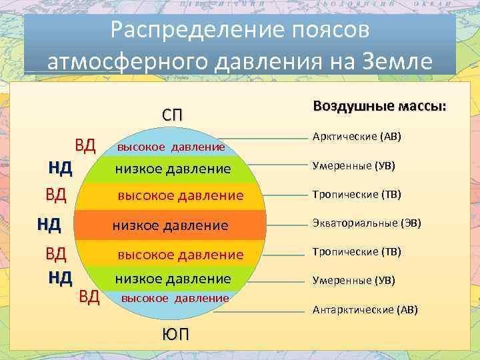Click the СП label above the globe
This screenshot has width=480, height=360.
pos(172,115)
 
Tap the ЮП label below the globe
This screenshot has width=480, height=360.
pos(175,334)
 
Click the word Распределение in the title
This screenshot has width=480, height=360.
pos(195,31)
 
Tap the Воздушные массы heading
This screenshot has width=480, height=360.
pos(379,106)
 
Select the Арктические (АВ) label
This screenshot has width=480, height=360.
pos(357,136)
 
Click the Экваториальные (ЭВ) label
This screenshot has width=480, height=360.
pos(367,223)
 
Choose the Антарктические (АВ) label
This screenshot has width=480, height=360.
pos(365,310)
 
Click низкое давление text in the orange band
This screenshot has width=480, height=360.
pos(171,226)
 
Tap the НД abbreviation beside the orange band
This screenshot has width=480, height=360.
pos(49,225)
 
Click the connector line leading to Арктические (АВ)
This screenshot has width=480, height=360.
pos(264,139)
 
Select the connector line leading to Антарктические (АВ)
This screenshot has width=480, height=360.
pos(259,312)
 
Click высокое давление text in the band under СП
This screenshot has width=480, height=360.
pos(171,147)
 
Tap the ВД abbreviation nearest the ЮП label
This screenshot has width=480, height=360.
pos(89,297)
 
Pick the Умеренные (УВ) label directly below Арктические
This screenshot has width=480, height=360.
pos(353,165)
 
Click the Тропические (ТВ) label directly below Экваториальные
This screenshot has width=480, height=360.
pos(357,251)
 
